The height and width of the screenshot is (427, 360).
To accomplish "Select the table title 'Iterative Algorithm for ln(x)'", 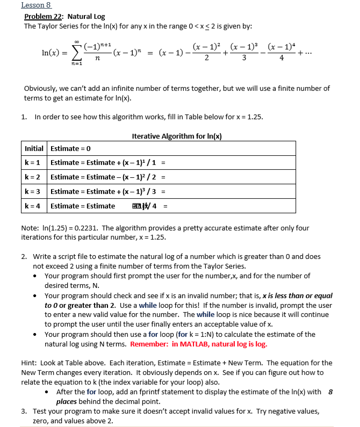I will (x=177, y=136).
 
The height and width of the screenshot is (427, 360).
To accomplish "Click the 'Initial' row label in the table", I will (x=35, y=148).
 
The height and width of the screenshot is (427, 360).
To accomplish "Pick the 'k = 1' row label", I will (x=34, y=162).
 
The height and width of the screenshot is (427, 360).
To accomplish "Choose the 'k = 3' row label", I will (x=34, y=191).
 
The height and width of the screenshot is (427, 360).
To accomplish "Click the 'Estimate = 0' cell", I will (x=70, y=148).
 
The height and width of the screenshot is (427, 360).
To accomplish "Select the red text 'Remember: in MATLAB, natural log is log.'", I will (x=198, y=344).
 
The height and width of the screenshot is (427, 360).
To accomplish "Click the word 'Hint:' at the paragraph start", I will (x=29, y=363).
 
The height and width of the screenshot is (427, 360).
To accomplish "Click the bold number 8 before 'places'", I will (x=330, y=392).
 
